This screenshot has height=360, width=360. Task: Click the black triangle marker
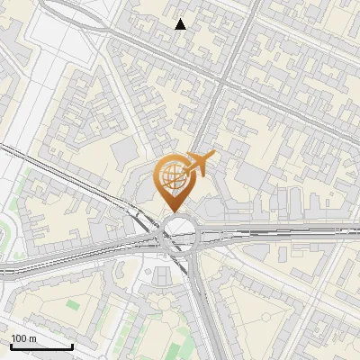pyautogui.click(x=181, y=24)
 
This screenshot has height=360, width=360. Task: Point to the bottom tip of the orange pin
pyautogui.click(x=175, y=213)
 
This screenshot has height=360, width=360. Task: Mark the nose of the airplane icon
pyautogui.click(x=213, y=155)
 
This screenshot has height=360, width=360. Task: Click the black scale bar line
pyautogui.click(x=41, y=347)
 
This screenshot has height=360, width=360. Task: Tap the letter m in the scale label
pyautogui.click(x=33, y=338)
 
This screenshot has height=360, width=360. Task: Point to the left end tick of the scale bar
pyautogui.click(x=11, y=346)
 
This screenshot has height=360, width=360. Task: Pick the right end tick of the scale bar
pyautogui.click(x=72, y=346)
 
